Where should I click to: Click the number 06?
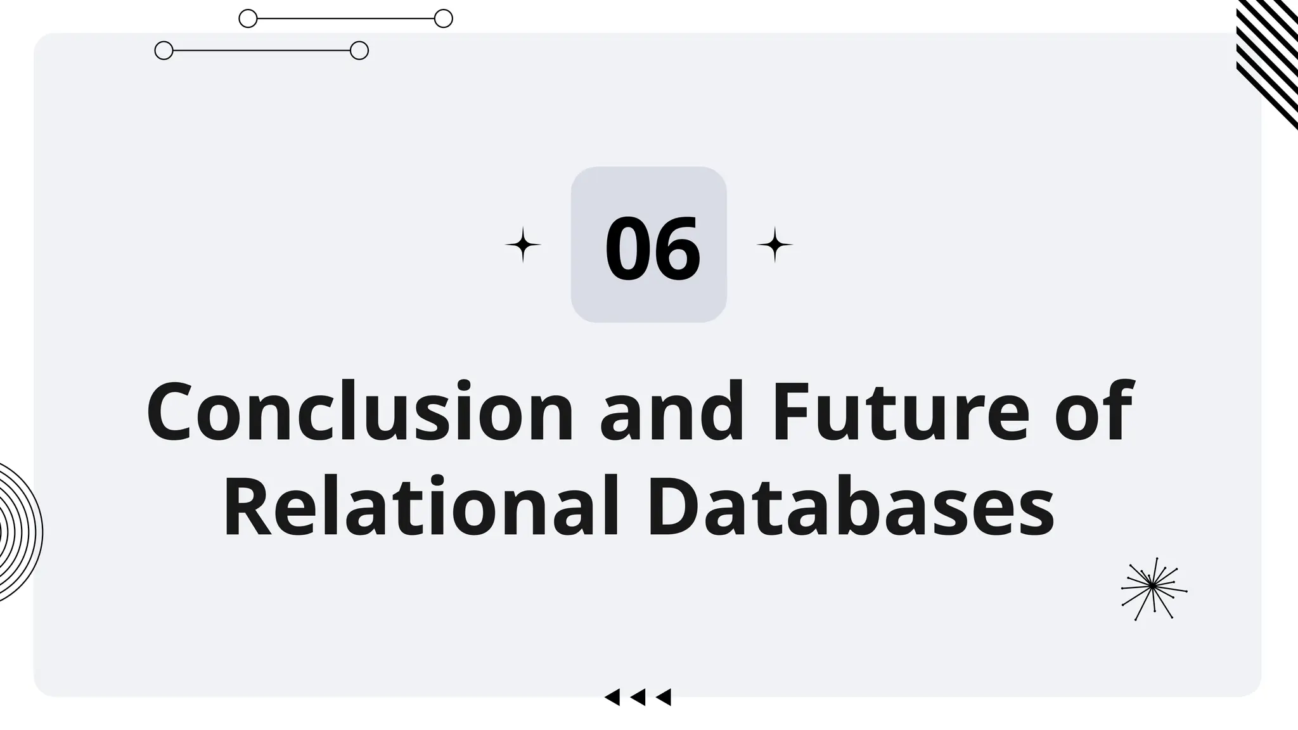(652, 248)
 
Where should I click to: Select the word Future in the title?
(900, 412)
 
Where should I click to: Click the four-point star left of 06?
(523, 245)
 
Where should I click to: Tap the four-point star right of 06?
(774, 245)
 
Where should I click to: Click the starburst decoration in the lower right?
(1153, 588)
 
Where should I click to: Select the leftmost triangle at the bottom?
(612, 697)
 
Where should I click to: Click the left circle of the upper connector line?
(248, 18)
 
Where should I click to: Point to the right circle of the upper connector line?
(444, 18)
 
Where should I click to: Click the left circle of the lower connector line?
(164, 50)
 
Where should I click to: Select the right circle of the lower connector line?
(359, 50)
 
